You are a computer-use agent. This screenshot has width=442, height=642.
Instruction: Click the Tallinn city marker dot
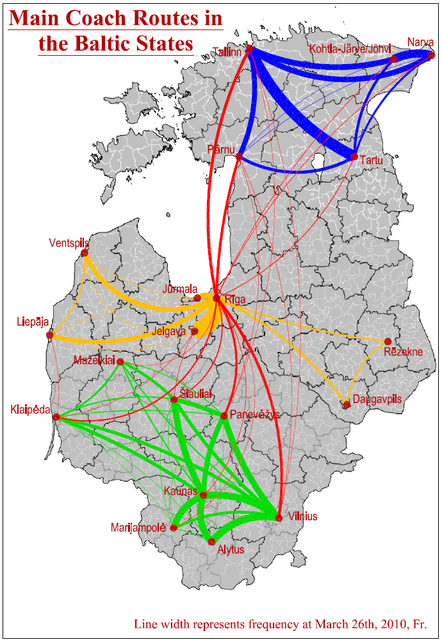(x=250, y=49)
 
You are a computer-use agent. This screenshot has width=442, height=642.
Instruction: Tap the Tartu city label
(x=371, y=160)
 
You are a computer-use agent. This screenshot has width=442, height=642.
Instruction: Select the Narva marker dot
(x=431, y=54)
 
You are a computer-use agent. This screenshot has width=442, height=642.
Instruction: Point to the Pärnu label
(x=221, y=149)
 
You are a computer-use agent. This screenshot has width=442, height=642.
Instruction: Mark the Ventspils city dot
(x=85, y=253)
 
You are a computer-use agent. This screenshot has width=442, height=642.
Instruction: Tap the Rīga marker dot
(x=217, y=298)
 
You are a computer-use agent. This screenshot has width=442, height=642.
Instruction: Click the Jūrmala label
(x=180, y=289)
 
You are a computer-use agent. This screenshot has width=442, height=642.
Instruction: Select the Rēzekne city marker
(x=388, y=341)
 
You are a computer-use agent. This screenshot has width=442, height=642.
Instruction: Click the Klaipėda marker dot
(x=56, y=417)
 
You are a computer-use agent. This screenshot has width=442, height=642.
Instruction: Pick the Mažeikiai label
(x=94, y=360)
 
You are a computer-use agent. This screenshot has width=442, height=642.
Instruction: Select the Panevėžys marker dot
(x=224, y=416)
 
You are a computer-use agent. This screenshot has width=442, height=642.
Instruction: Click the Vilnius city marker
(x=279, y=518)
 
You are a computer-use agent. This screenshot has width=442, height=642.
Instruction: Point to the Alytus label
(x=231, y=550)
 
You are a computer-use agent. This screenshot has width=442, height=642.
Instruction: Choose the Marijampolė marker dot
(x=174, y=528)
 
